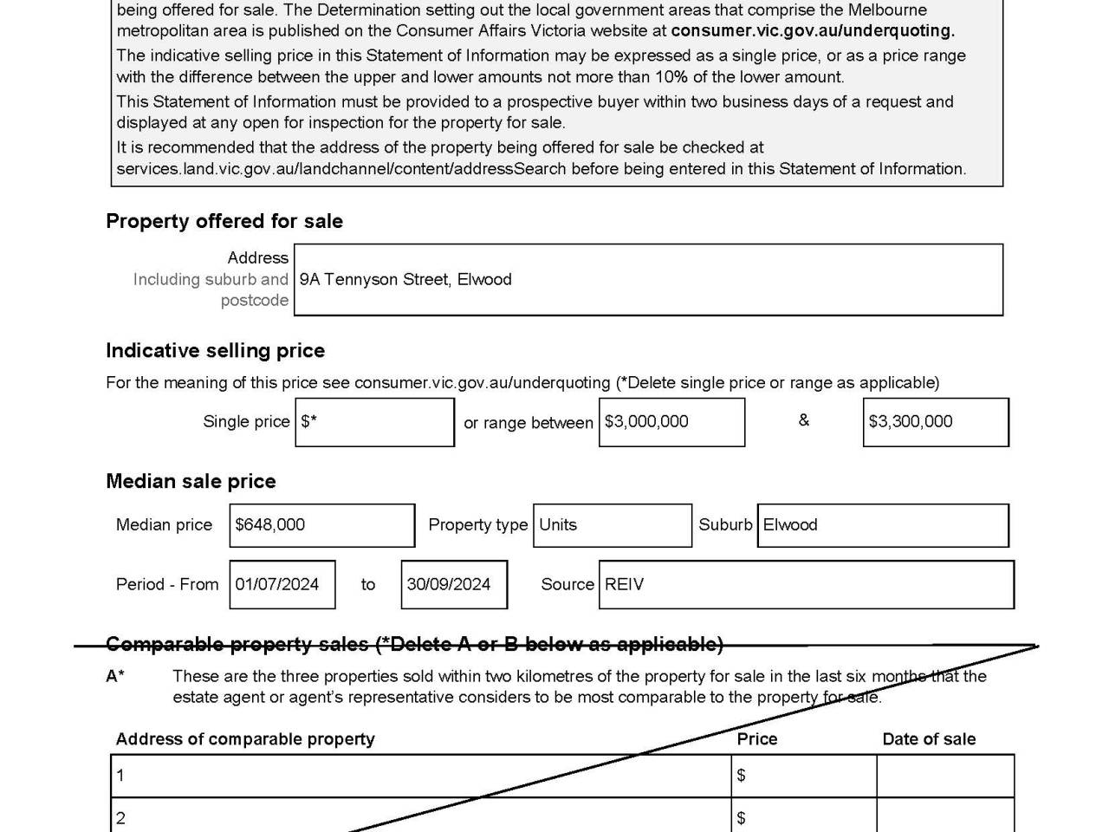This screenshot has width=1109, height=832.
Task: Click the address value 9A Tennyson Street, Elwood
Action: pyautogui.click(x=405, y=279)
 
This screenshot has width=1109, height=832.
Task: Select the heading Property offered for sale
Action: pyautogui.click(x=224, y=221)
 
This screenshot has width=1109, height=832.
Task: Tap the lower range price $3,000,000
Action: pyautogui.click(x=646, y=421)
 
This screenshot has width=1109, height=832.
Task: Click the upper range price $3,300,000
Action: pyautogui.click(x=910, y=421)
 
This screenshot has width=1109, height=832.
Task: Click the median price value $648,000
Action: pyautogui.click(x=270, y=524)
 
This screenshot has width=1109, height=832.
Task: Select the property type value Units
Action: pyautogui.click(x=558, y=524)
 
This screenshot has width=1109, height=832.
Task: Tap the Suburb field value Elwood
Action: pyautogui.click(x=790, y=524)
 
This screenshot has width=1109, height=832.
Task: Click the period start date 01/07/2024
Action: pyautogui.click(x=277, y=584)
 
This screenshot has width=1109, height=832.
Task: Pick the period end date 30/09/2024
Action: pyautogui.click(x=449, y=584)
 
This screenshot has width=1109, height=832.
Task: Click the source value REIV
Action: pyautogui.click(x=624, y=584)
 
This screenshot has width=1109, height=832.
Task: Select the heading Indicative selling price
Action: pyautogui.click(x=216, y=350)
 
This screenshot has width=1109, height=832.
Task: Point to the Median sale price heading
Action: pyautogui.click(x=191, y=481)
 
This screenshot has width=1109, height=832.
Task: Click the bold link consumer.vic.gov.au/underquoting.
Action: pyautogui.click(x=812, y=30)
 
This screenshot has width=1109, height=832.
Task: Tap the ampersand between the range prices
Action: pyautogui.click(x=804, y=420)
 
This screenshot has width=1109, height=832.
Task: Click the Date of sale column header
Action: pyautogui.click(x=929, y=739)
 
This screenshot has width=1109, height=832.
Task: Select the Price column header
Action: pyautogui.click(x=757, y=739)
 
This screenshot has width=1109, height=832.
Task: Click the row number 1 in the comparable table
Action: pyautogui.click(x=120, y=776)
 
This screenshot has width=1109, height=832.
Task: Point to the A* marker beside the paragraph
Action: pyautogui.click(x=115, y=676)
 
